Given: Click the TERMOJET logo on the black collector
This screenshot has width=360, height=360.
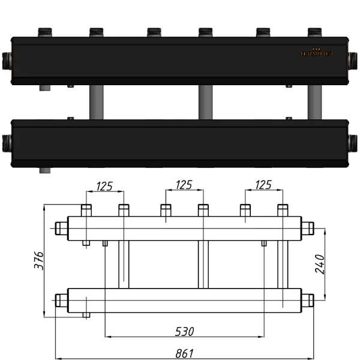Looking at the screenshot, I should [317, 52].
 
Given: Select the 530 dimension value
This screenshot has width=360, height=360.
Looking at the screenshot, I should [184, 331].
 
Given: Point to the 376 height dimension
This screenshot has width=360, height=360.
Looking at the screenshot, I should [38, 261].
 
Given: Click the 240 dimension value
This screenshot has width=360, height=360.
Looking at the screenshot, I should [320, 265].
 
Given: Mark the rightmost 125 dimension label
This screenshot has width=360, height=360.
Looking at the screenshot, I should [263, 185].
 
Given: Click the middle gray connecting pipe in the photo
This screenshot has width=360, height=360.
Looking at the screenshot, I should [205, 102].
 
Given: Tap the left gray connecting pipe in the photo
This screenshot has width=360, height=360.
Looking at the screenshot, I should [95, 102].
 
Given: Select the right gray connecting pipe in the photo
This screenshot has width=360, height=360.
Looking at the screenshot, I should [314, 102].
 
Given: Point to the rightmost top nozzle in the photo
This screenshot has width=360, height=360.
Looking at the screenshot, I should [315, 31].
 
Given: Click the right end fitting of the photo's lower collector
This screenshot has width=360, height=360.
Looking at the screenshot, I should [353, 142].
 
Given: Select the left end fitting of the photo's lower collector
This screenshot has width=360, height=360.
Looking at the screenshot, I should [7, 143].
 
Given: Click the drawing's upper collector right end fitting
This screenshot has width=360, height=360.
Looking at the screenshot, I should [307, 228].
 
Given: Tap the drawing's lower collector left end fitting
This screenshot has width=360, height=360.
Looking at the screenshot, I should [61, 299].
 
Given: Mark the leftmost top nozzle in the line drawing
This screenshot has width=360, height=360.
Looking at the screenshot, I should [86, 210].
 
